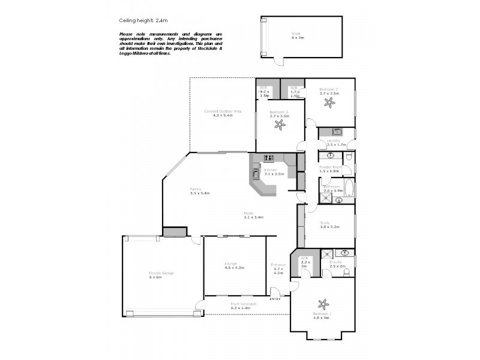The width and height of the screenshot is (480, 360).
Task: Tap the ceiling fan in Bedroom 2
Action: [x=329, y=103]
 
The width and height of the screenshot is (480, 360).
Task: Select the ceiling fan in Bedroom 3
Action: [x=279, y=124]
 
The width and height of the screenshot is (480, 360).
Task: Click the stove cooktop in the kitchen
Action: [x=268, y=157]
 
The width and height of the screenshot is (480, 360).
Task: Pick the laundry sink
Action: [x=337, y=131]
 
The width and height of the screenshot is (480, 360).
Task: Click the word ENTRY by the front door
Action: [x=275, y=299]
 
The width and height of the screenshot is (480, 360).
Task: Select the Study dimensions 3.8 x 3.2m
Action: [x=330, y=227]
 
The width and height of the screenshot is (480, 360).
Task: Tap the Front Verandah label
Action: [x=244, y=304]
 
